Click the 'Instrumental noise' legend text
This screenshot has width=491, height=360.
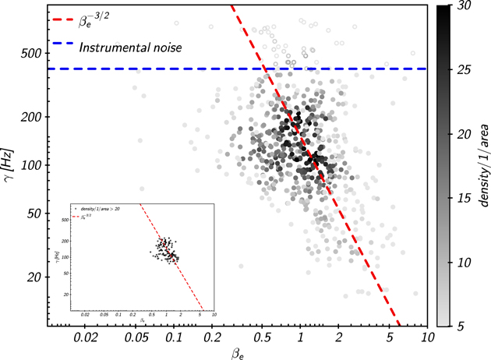[130, 48]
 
